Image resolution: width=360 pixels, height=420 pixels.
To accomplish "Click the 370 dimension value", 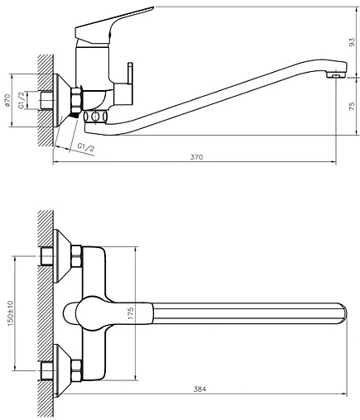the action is click(196, 157).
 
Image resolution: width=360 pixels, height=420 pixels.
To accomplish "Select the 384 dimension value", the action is click(199, 389).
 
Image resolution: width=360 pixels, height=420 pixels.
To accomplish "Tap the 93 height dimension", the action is click(352, 42).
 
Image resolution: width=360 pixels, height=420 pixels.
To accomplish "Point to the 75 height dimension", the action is click(352, 107).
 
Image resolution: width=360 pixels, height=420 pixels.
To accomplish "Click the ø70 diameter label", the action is click(7, 100).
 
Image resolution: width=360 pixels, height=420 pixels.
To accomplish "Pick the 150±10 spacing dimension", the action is click(11, 313).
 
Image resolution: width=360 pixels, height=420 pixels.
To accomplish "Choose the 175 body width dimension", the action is click(131, 313).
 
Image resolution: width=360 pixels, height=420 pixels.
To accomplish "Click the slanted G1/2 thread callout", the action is click(86, 147).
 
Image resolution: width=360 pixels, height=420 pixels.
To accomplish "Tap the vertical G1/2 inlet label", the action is click(22, 101).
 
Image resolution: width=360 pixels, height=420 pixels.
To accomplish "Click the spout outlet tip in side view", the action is click(336, 74).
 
